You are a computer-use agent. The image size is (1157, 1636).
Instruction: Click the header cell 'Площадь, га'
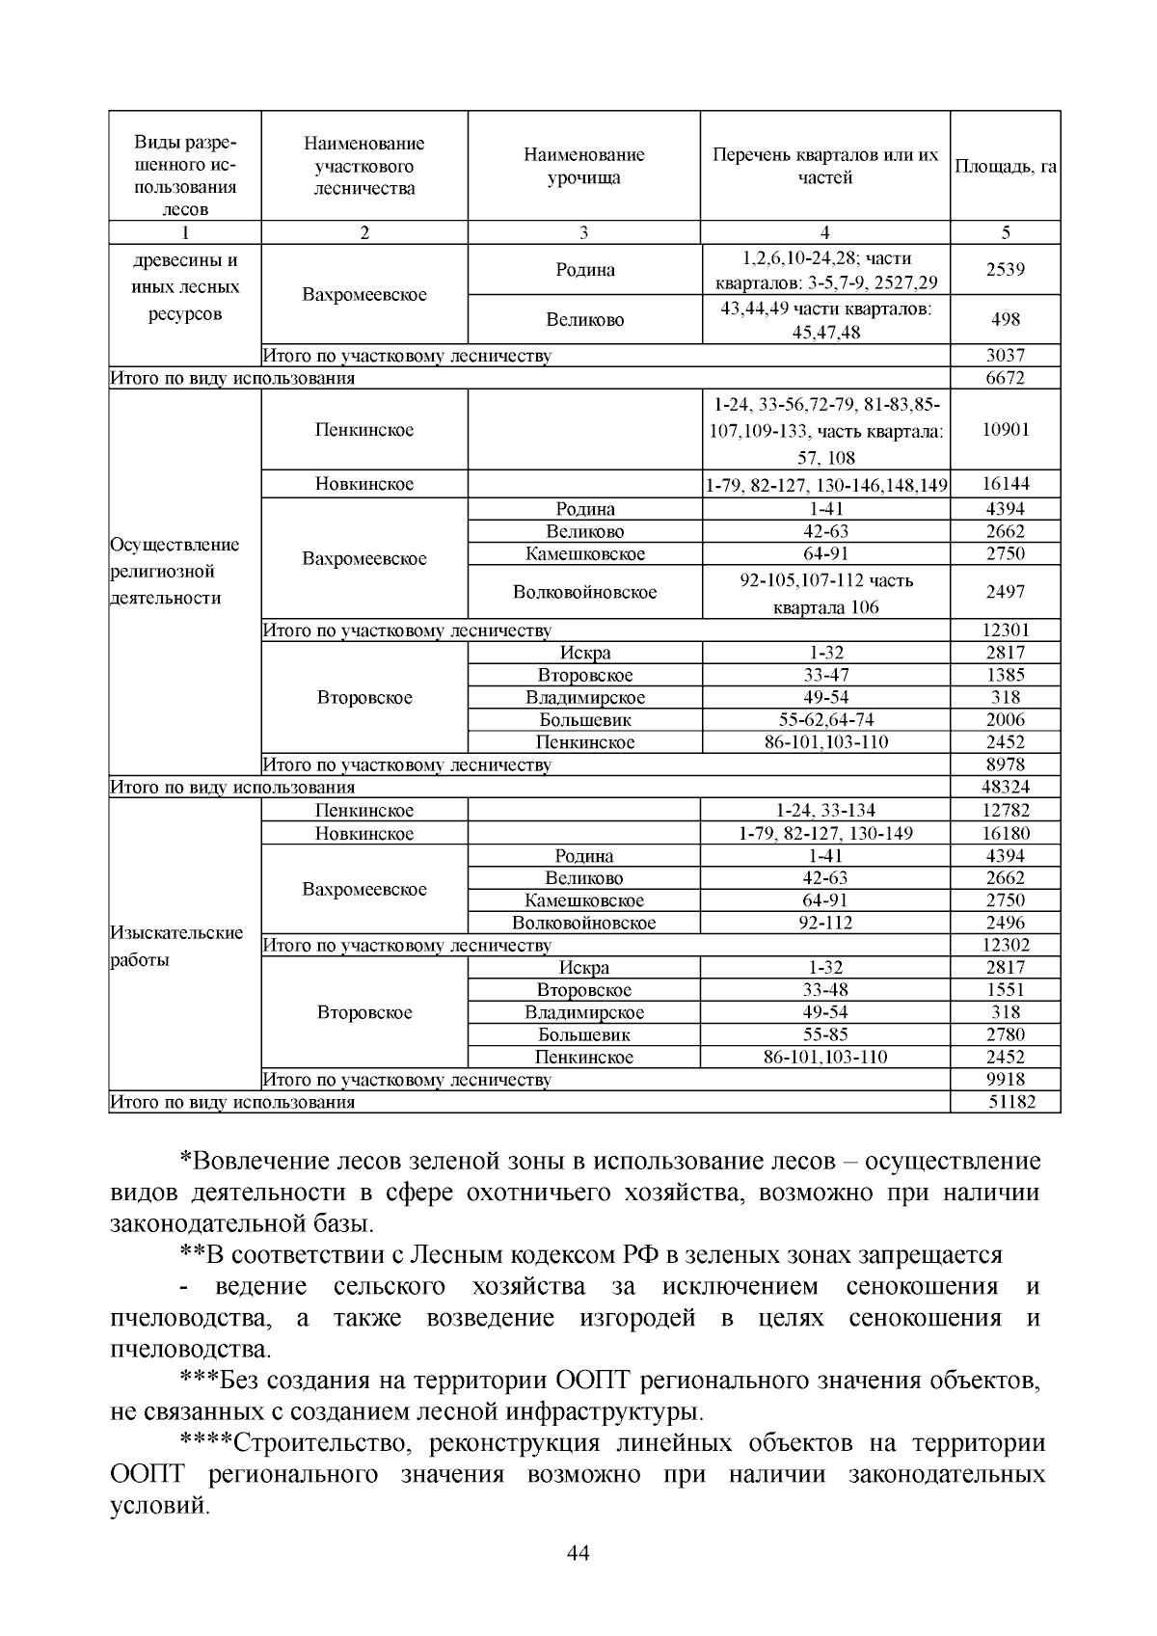coord(1005,166)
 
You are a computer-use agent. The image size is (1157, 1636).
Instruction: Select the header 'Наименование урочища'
coord(584,166)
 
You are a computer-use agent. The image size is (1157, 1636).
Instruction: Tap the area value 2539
coord(1005,269)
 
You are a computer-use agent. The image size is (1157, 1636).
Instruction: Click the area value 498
coord(1005,319)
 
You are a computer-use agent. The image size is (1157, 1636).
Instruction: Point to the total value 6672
coord(1005,378)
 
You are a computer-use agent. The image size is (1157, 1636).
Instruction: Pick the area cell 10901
coord(1005,430)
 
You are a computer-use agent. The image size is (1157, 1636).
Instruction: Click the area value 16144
coord(1005,484)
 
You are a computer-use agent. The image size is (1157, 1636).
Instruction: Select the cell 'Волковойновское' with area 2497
coord(584,592)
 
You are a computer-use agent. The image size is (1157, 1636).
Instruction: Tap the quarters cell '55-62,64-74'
coord(824,719)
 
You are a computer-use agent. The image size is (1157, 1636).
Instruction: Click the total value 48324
coord(1005,787)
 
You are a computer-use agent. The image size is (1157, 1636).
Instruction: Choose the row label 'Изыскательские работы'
coord(177,946)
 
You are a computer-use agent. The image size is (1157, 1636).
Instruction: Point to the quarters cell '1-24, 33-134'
coord(824,811)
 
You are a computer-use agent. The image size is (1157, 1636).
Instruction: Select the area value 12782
coord(1005,811)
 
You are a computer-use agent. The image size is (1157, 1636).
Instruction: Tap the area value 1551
coord(1005,990)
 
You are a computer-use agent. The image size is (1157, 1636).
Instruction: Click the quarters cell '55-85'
coord(824,1034)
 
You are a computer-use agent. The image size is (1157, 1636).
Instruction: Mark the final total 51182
coord(1010,1101)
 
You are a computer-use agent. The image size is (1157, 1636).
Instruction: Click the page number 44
coord(578,1553)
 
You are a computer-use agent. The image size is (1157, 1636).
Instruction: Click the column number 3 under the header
coord(584,232)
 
